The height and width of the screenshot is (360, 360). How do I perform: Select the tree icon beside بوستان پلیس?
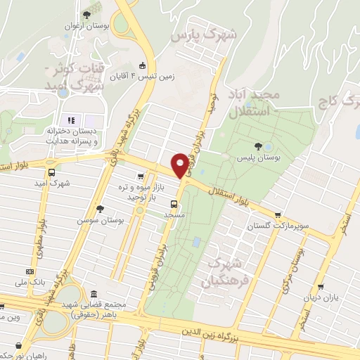(259, 147)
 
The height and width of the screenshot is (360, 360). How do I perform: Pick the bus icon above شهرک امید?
(51, 172)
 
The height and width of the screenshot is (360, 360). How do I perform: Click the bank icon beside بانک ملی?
(30, 271)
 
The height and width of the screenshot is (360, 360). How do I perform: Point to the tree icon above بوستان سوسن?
(101, 208)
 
